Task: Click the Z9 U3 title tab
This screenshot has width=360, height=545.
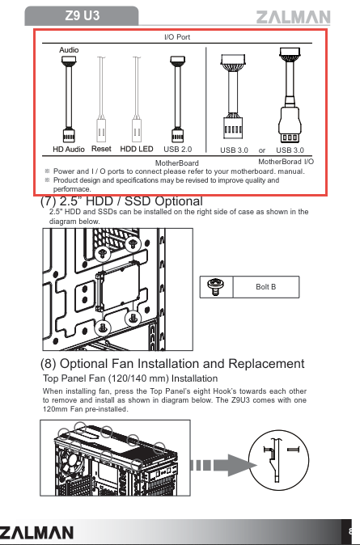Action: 82,15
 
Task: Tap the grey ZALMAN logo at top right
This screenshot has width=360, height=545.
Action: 293,17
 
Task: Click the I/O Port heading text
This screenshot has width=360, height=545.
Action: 177,37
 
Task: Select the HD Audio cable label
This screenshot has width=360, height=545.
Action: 69,149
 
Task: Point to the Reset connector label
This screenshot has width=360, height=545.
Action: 101,149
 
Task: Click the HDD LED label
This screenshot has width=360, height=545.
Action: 137,149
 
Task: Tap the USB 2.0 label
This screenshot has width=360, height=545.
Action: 178,149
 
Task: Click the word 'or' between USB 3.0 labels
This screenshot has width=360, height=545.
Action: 262,150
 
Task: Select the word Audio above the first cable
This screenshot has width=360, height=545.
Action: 69,50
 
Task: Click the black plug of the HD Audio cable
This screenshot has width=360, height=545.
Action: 69,135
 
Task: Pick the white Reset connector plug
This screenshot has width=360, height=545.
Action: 102,130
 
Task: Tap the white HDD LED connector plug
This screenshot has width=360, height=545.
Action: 137,130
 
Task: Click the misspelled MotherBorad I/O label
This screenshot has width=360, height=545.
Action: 286,162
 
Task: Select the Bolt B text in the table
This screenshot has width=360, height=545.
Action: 265,287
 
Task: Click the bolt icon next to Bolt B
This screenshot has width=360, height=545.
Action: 216,286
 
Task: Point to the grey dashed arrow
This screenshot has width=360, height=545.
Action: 223,465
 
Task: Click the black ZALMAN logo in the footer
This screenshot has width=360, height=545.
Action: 36,533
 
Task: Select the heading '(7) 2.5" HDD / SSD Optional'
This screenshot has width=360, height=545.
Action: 121,201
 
